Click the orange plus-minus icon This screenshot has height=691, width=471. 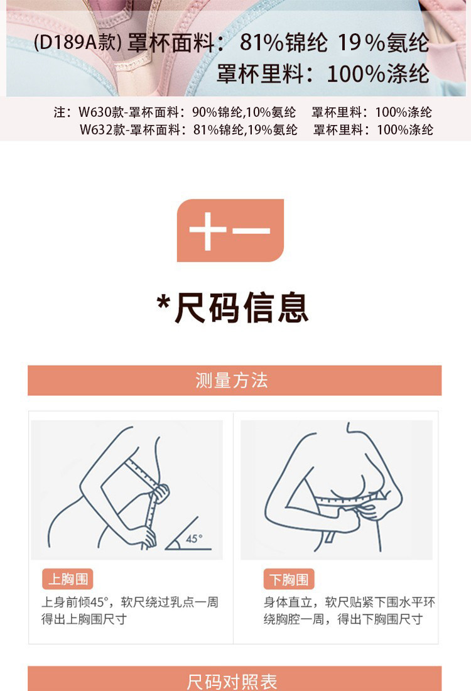pyautogui.click(x=230, y=230)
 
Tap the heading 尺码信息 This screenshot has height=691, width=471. pyautogui.click(x=241, y=308)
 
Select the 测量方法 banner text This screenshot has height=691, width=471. pyautogui.click(x=232, y=380)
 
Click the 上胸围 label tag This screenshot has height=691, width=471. pyautogui.click(x=68, y=579)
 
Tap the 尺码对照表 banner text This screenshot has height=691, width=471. pyautogui.click(x=232, y=682)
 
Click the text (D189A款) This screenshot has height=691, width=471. pyautogui.click(x=77, y=42)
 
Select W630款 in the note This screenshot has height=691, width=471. pyautogui.click(x=101, y=112)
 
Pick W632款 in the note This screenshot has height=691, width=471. pyautogui.click(x=102, y=129)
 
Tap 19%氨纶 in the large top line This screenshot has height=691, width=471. pyautogui.click(x=383, y=43)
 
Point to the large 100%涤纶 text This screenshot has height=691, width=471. pyautogui.click(x=378, y=73)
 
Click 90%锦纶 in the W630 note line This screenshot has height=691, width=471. pyautogui.click(x=218, y=112)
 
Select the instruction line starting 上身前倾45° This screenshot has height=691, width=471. pyautogui.click(x=130, y=602)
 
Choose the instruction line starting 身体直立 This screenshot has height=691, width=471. pyautogui.click(x=349, y=602)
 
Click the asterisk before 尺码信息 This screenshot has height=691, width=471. pyautogui.click(x=163, y=303)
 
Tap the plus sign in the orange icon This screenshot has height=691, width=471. pyautogui.click(x=207, y=231)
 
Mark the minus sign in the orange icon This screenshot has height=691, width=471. pyautogui.click(x=252, y=231)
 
